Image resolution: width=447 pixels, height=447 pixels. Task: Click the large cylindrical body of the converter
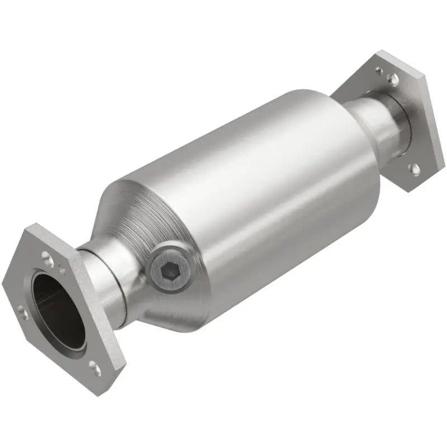pyautogui.click(x=251, y=190)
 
